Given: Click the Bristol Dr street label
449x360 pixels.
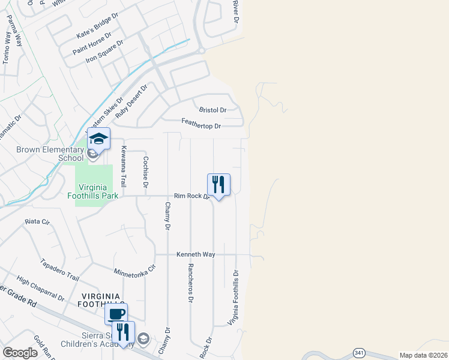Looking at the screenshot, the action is pos(212,110).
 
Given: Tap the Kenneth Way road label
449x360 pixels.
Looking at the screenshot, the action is pos(196,254).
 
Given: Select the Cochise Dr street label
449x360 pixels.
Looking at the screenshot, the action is pos(145,172).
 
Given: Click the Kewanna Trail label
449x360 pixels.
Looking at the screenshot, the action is pos(124,164).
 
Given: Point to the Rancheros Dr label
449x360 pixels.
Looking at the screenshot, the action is pos(190,283).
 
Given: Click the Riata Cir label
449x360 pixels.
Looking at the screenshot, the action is pos(36,221).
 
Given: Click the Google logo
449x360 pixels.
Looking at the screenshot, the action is pos(20,353).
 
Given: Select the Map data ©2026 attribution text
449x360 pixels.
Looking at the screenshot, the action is pos(423,355).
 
